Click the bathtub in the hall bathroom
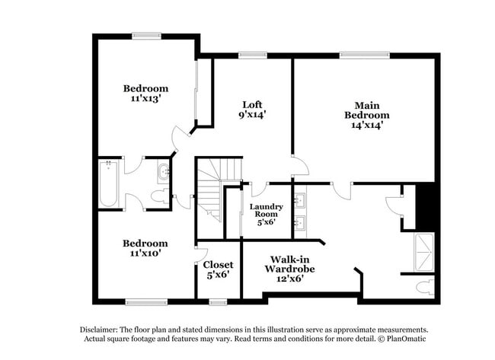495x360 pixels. coord(107,184)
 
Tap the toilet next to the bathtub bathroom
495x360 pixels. coord(159,196)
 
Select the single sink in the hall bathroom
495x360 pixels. coord(163,171)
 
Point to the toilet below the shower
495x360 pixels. coord(425,287)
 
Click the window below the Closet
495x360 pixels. coord(218,302)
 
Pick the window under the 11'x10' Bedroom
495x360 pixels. coord(146,302)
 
